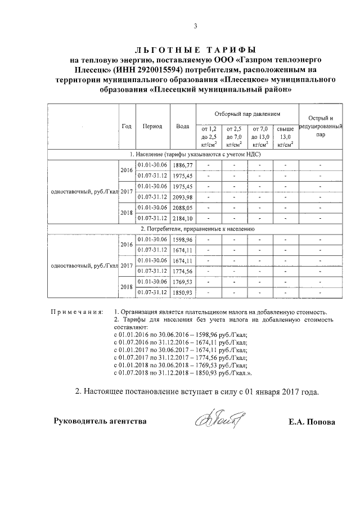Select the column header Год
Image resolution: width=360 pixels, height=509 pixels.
[127, 126]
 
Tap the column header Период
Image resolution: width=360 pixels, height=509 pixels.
[152, 126]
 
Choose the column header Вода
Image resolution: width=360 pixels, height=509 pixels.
[182, 126]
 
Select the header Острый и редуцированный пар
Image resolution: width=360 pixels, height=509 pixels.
[320, 127]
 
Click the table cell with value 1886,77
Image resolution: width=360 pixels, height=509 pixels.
[183, 165]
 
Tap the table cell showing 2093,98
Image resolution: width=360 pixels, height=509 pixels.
[183, 197]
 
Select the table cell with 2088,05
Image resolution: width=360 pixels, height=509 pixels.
[183, 208]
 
